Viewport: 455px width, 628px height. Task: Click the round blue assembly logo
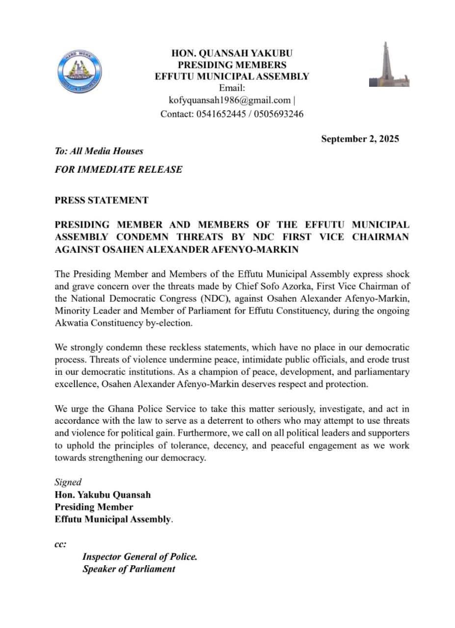click(x=80, y=71)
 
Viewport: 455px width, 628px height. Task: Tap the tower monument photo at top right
click(x=389, y=64)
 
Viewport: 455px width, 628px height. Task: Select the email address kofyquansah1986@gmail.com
click(x=230, y=101)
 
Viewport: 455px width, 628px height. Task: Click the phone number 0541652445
click(x=224, y=114)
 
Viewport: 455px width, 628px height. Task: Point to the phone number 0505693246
click(x=279, y=114)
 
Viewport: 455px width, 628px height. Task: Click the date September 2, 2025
click(x=360, y=139)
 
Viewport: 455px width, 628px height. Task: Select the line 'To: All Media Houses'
click(x=99, y=151)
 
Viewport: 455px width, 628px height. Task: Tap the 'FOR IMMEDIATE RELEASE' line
click(x=118, y=170)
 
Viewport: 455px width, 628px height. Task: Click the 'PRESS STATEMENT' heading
click(x=102, y=200)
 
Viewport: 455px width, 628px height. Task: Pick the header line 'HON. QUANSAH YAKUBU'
click(x=232, y=53)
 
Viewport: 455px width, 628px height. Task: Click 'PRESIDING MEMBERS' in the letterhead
click(x=232, y=65)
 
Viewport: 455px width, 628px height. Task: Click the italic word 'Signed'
click(x=68, y=482)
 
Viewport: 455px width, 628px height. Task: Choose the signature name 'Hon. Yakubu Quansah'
click(x=103, y=495)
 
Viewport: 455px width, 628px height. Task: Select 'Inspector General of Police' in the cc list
click(x=139, y=557)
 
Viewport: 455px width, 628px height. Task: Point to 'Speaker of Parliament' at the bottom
click(x=129, y=569)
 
